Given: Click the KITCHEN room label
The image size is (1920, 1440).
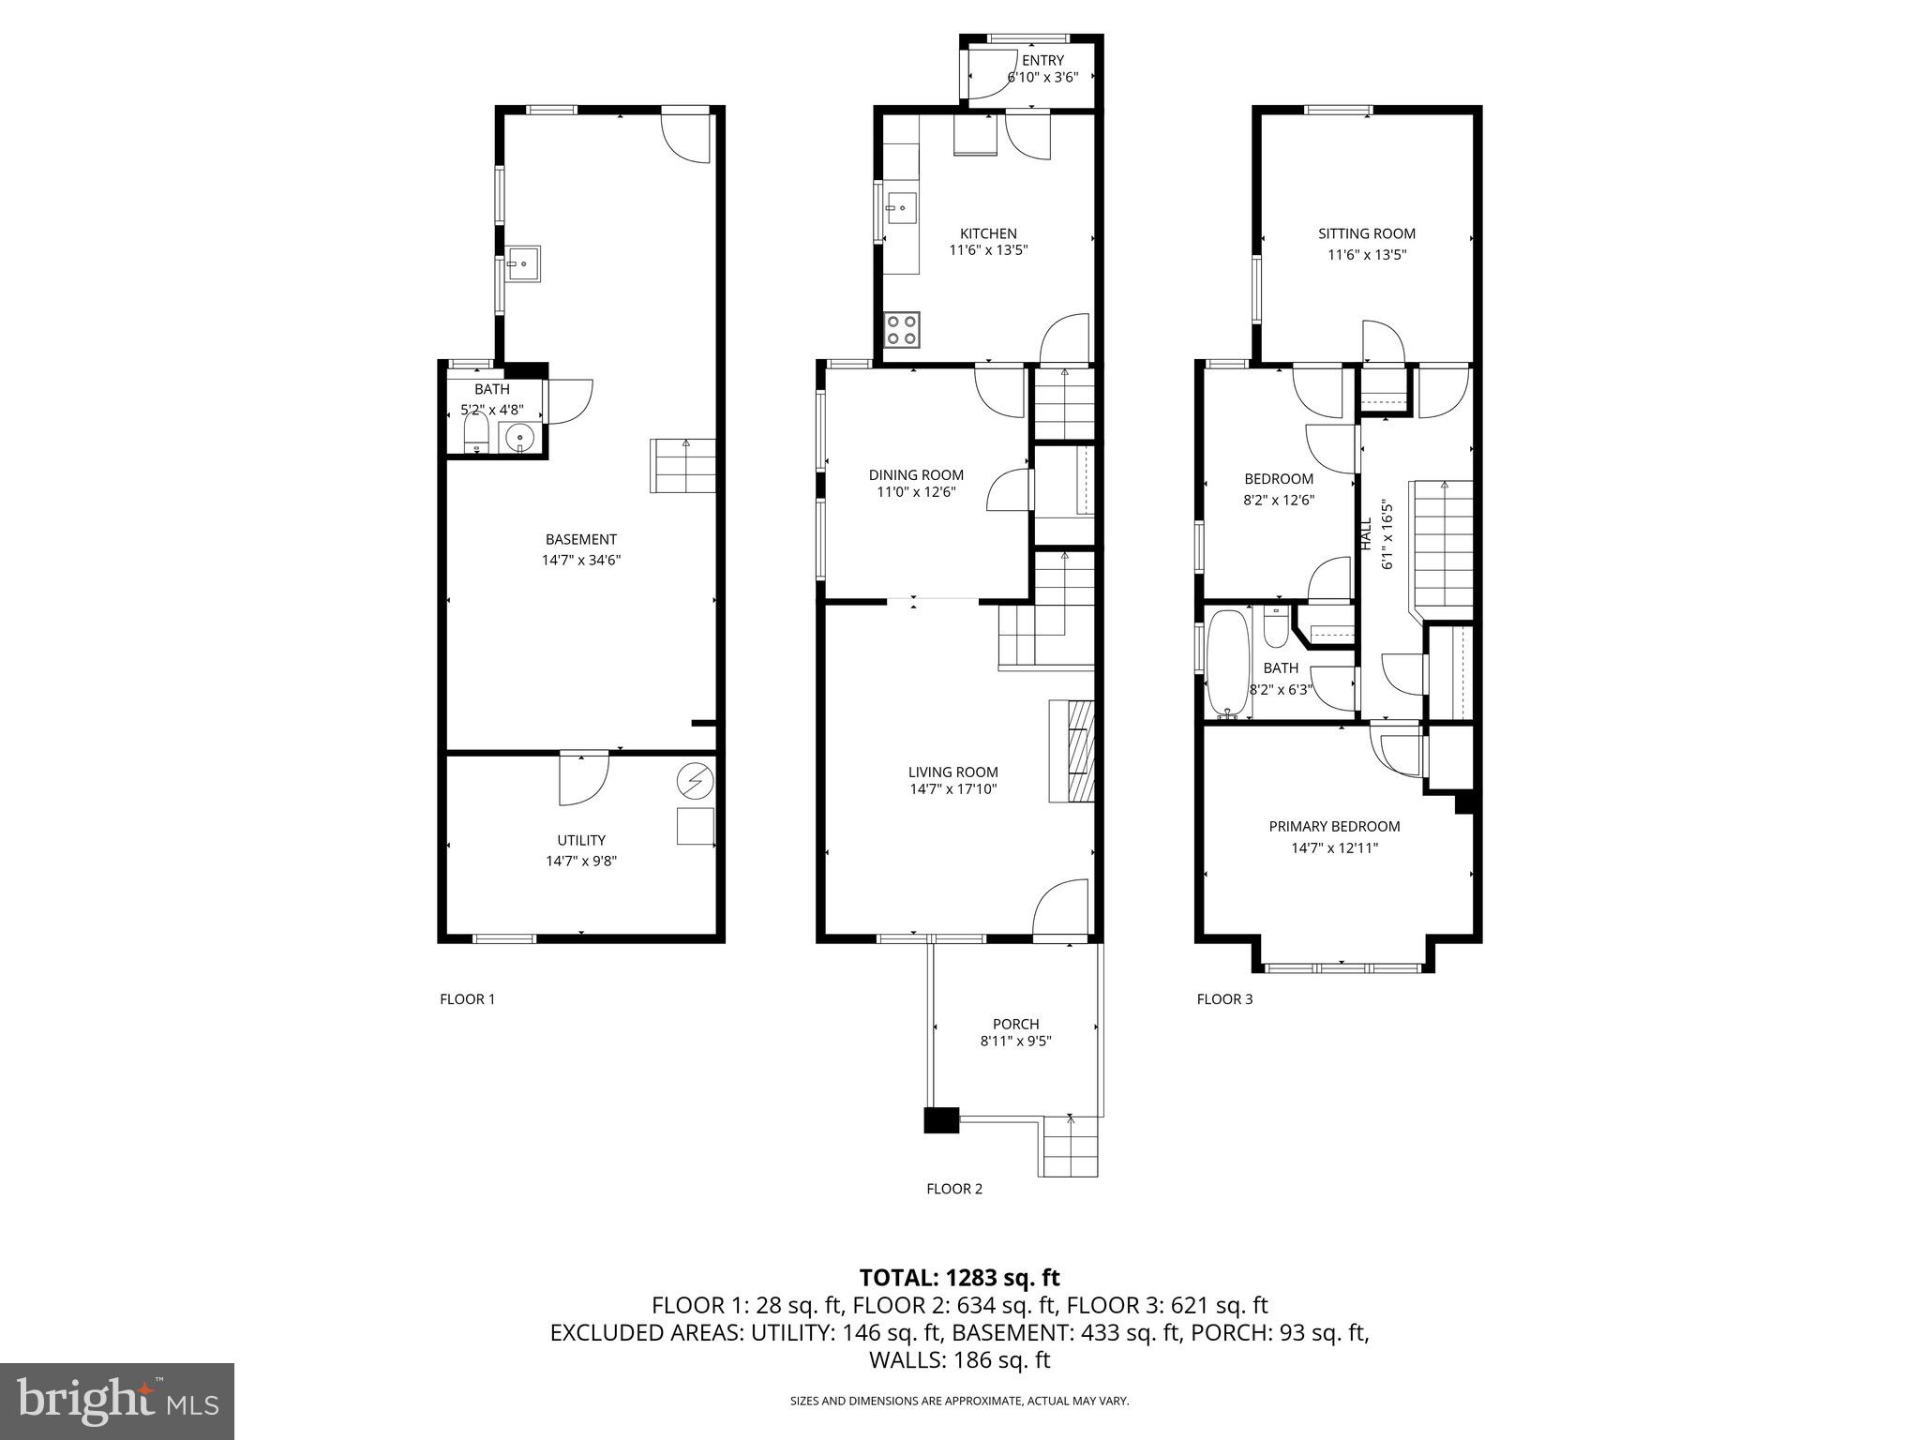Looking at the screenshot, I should pos(988,233).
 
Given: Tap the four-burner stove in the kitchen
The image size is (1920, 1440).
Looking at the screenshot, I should pos(902,330).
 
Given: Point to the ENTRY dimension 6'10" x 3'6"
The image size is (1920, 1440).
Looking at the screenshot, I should pos(1042,78).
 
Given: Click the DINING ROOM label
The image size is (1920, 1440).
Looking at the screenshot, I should pos(916,474).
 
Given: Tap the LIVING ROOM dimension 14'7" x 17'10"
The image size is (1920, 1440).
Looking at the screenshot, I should pos(952,789).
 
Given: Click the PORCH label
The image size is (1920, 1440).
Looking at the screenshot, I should pos(1016,1024).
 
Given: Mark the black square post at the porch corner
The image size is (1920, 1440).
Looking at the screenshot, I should pos(941,1121).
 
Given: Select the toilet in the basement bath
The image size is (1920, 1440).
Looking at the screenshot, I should pos(477,435).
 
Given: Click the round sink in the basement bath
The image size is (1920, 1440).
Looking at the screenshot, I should pos(518,437).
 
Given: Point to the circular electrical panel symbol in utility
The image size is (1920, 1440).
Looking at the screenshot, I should pos(696,780).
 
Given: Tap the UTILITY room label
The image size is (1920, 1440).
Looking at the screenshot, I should pos(581,840).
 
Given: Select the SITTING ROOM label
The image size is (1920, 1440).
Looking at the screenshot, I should pos(1367,233).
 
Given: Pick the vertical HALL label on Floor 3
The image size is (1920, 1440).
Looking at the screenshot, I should pos(1366,534).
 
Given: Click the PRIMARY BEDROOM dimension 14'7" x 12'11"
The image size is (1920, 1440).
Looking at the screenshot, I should pos(1334,848).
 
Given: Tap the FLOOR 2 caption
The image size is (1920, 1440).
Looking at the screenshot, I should pos(954,1189).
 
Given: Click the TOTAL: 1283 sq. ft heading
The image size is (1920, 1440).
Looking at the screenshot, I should pos(959,1277).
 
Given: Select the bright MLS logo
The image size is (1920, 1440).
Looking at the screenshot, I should pos(117,1402).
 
